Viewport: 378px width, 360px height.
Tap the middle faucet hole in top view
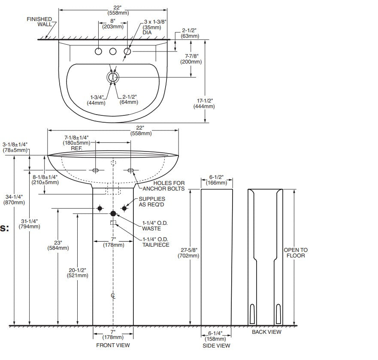[x=113, y=52]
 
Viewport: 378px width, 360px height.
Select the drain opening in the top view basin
[x=113, y=77]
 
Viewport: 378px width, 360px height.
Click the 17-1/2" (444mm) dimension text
[x=206, y=103]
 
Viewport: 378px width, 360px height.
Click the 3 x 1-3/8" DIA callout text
[x=155, y=27]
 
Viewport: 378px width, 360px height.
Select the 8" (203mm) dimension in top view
[x=113, y=24]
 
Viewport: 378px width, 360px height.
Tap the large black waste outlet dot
[x=113, y=213]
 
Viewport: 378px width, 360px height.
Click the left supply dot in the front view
[x=100, y=209]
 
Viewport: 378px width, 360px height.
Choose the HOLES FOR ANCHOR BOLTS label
[x=163, y=186]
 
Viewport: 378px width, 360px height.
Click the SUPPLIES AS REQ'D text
[x=151, y=202]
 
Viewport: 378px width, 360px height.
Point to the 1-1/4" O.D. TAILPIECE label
[x=156, y=242]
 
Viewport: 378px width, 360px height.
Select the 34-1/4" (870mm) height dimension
[x=14, y=199]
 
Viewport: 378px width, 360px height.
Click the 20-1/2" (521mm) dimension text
[x=77, y=272]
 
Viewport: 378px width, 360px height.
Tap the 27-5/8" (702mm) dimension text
[x=188, y=253]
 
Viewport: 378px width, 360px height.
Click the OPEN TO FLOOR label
[x=296, y=253]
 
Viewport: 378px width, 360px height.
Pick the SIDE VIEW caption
[x=216, y=345]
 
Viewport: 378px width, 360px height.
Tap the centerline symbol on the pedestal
[x=113, y=296]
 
